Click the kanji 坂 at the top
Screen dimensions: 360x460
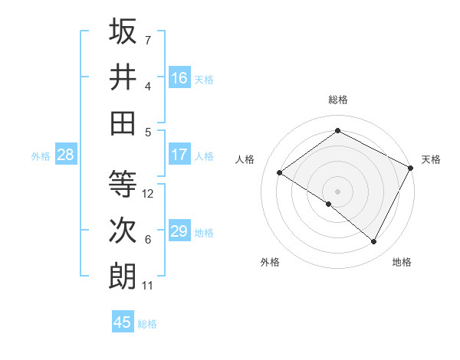[123, 33]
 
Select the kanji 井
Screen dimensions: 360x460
[123, 77]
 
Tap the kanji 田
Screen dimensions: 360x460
[123, 123]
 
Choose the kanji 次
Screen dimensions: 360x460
[123, 231]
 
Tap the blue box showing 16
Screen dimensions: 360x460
[179, 78]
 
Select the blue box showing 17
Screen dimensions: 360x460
[179, 155]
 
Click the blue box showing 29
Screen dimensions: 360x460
[179, 231]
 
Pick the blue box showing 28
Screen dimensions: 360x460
[66, 155]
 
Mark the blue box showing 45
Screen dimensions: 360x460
[123, 322]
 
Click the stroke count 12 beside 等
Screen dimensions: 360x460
[149, 194]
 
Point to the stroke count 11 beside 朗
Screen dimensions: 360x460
[148, 286]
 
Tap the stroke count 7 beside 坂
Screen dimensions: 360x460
[148, 39]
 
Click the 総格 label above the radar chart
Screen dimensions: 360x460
[337, 100]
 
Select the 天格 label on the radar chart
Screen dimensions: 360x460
[431, 159]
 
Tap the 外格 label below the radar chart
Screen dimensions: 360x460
[270, 263]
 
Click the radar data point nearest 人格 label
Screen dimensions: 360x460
[280, 172]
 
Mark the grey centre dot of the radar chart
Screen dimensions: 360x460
[337, 190]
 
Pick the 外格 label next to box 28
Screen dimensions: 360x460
[41, 155]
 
